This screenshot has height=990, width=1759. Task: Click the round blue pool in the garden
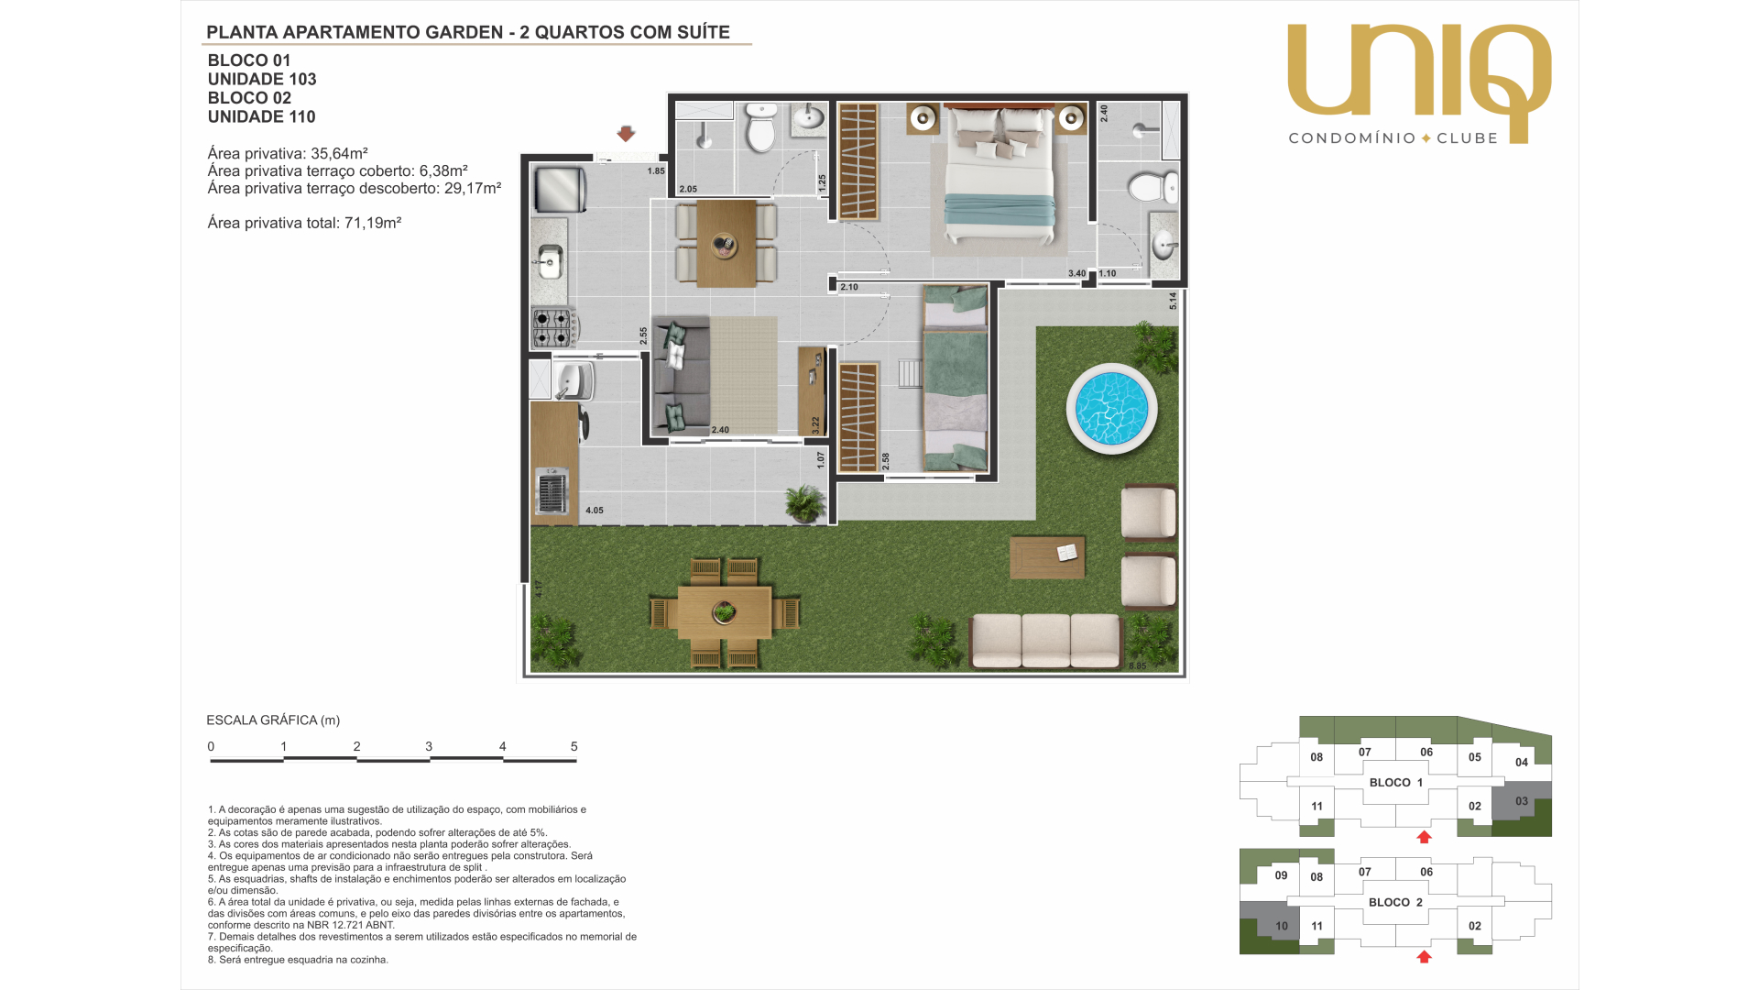[1111, 409]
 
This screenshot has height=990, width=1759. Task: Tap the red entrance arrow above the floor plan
[626, 134]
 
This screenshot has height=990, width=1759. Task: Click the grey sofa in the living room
[680, 375]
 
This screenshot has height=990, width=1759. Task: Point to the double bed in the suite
[999, 174]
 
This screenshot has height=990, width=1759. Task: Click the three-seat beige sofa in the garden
[1045, 641]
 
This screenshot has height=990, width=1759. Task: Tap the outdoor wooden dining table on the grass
[724, 612]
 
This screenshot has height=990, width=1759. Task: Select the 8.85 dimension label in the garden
[1137, 666]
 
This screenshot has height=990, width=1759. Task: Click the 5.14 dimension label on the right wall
[1173, 301]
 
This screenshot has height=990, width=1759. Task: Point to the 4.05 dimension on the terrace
[595, 511]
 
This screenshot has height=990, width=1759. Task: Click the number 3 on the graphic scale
[429, 746]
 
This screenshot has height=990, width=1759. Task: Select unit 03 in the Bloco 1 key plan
[1522, 801]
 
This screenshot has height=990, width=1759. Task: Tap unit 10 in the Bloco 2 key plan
[1282, 926]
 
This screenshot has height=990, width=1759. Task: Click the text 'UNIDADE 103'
[262, 80]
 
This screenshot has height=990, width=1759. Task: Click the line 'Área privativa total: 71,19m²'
[304, 223]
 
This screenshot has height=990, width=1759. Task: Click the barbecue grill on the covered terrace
[552, 491]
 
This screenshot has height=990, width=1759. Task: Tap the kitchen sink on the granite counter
[550, 262]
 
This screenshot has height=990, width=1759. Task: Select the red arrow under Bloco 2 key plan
[1424, 957]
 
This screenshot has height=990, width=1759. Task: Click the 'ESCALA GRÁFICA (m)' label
[273, 720]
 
